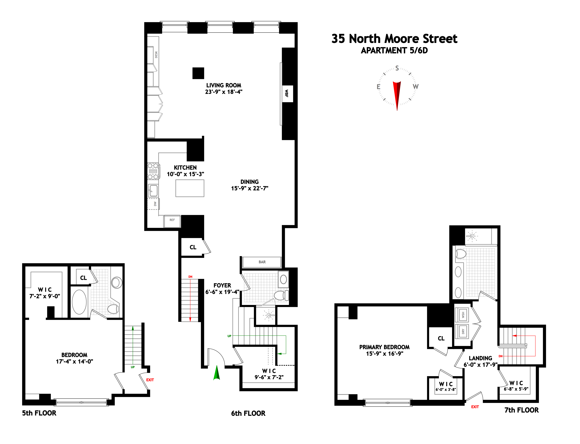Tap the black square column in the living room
pyautogui.click(x=198, y=73)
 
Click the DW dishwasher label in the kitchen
pyautogui.click(x=155, y=204)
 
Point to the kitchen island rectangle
pyautogui.click(x=190, y=188)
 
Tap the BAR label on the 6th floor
pyautogui.click(x=262, y=262)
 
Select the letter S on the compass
pyautogui.click(x=397, y=68)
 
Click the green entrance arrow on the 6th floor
pyautogui.click(x=217, y=373)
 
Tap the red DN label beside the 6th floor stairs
pyautogui.click(x=190, y=277)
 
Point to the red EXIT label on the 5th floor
pyautogui.click(x=150, y=380)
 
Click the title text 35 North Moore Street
pyautogui.click(x=394, y=39)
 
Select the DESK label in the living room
pyautogui.click(x=156, y=55)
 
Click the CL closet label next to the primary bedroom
pyautogui.click(x=441, y=338)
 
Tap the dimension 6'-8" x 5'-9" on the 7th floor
pyautogui.click(x=516, y=389)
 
